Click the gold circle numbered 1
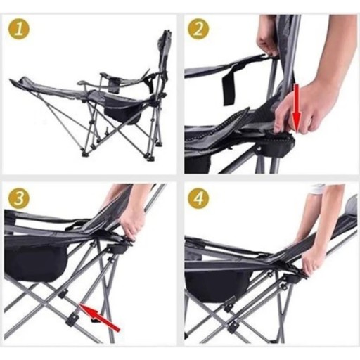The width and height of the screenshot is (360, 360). coord(19,30)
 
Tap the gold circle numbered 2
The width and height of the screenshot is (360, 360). coord(198,30)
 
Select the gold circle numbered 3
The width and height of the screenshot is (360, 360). coord(19,198)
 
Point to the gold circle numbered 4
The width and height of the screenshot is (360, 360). coord(198,198)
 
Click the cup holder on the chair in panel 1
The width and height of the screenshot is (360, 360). coord(114,86)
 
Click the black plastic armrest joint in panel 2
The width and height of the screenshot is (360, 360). coord(279,143)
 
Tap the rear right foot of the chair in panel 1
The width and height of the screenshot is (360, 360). coord(150,159)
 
